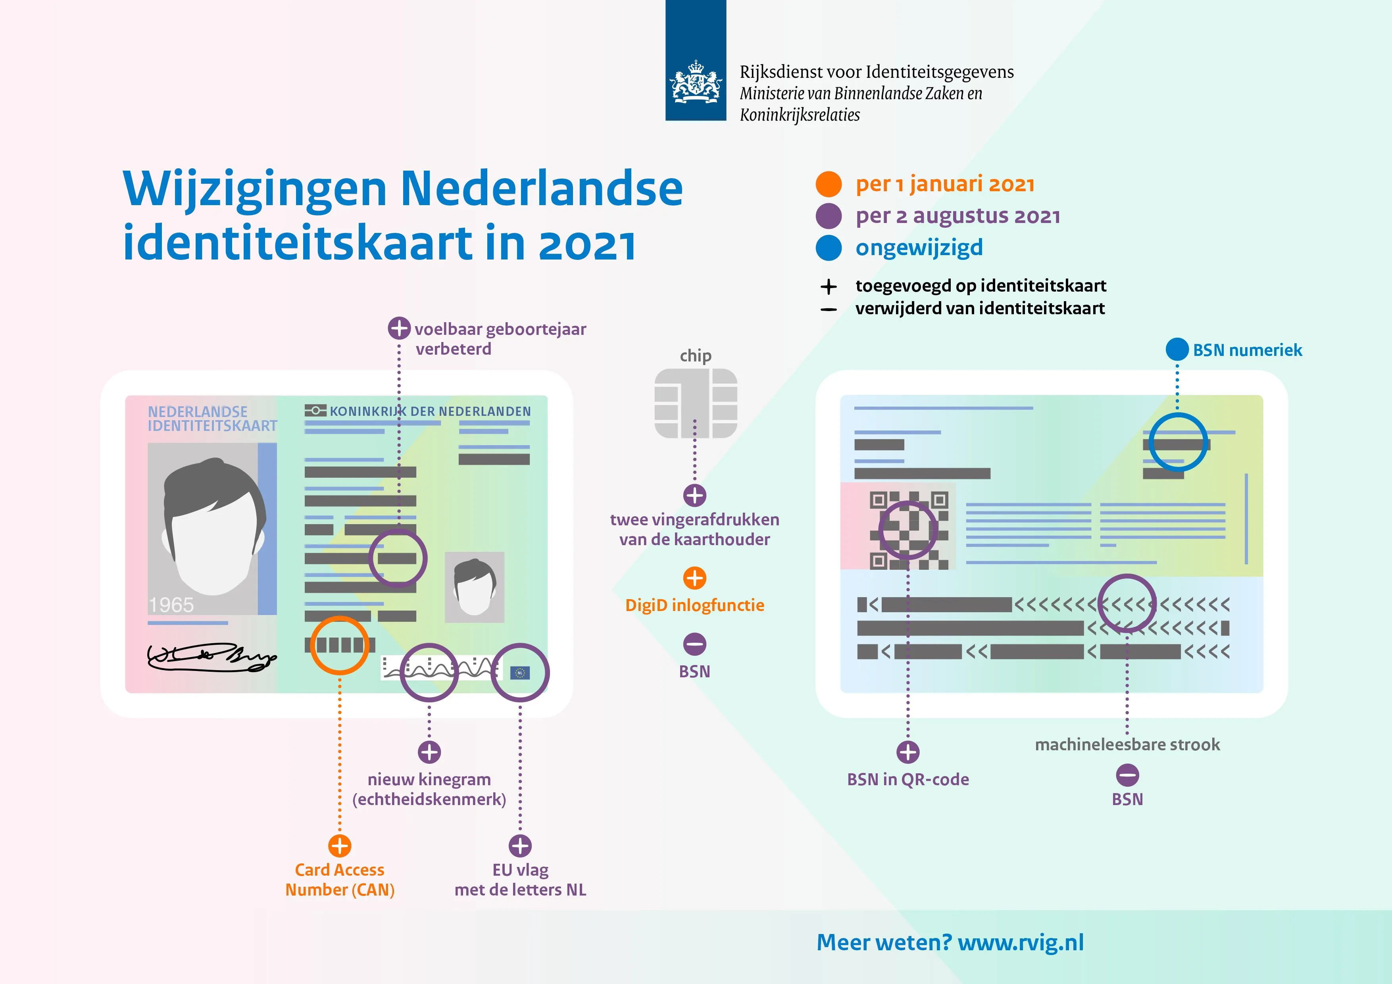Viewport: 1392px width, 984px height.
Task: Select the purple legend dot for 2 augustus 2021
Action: click(x=828, y=216)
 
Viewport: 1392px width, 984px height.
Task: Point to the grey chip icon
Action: click(x=695, y=403)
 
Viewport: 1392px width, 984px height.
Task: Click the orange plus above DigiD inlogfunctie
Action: click(x=695, y=578)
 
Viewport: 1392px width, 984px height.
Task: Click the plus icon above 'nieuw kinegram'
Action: click(x=429, y=752)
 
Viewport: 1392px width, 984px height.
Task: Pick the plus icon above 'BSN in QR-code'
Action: click(x=907, y=752)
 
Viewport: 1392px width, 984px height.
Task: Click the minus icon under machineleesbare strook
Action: click(x=1127, y=775)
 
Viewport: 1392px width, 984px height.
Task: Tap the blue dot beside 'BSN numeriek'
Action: click(x=1177, y=349)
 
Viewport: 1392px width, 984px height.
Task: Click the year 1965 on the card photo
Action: click(x=171, y=604)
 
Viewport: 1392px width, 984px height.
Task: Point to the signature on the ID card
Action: click(x=211, y=657)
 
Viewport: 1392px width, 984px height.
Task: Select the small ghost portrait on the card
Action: click(x=474, y=587)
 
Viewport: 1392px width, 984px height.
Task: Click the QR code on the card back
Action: click(x=908, y=530)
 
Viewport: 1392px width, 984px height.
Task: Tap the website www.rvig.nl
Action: click(x=1020, y=942)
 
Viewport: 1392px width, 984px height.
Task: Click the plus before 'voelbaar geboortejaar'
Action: click(x=399, y=328)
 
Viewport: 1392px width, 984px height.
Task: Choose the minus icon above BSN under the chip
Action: click(x=695, y=644)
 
